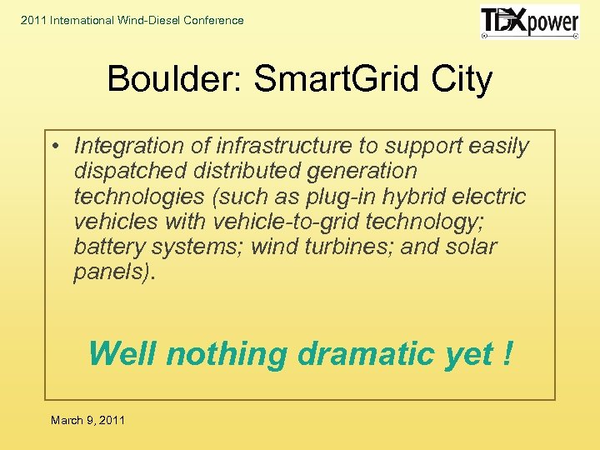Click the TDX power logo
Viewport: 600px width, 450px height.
[x=529, y=22]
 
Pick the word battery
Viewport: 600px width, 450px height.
[x=105, y=247]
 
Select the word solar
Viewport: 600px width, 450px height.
[x=471, y=247]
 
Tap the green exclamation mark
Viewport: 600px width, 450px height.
[x=507, y=353]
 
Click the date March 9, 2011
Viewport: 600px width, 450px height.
[x=87, y=420]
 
